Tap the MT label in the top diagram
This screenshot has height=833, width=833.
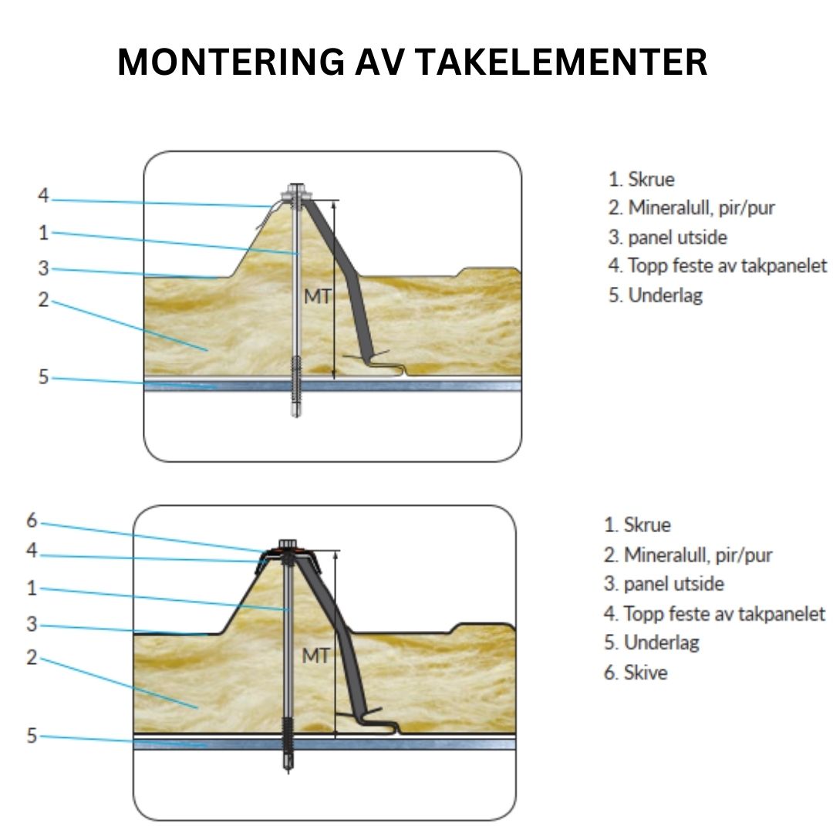pos(317,295)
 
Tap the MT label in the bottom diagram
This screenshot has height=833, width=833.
pos(315,656)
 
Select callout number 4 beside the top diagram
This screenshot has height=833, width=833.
pos(43,196)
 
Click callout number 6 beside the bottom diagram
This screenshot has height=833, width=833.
pos(32,521)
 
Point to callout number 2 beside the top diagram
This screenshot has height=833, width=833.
pos(43,299)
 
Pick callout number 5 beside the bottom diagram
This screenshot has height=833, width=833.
pos(32,736)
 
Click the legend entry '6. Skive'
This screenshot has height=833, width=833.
pos(635,673)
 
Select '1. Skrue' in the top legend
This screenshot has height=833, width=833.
pos(641,180)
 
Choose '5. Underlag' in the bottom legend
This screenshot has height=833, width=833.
pos(651,642)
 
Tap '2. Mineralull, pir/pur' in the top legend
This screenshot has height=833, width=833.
pos(691,207)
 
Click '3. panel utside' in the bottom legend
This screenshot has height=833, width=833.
pos(663,584)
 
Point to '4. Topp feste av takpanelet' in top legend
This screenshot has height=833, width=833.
pos(717,266)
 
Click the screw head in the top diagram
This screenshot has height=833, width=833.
pos(295,191)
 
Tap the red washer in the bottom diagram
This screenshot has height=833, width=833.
pos(288,551)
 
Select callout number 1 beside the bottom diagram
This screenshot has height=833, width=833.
pos(32,588)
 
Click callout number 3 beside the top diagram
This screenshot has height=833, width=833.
pos(43,268)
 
